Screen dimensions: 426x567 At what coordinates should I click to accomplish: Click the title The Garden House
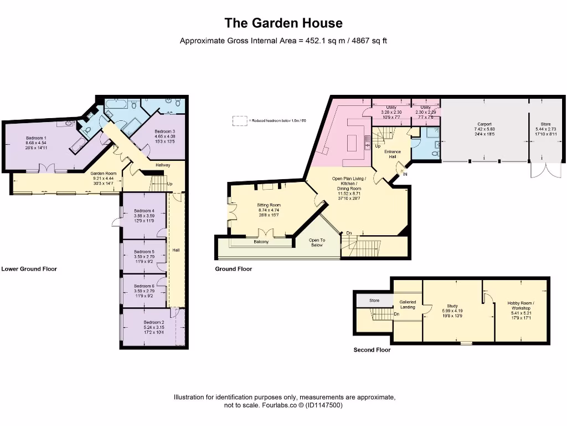tap(283, 23)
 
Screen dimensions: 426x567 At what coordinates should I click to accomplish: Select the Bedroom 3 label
tap(165, 131)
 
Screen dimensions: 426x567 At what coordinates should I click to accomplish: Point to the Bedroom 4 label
tap(144, 211)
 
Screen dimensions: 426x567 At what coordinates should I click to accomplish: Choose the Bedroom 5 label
tap(144, 252)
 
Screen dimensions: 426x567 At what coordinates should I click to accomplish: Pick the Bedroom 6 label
tap(144, 286)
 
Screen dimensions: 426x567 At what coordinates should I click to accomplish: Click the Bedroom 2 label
tap(154, 322)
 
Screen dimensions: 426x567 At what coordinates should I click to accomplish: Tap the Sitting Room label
tap(269, 205)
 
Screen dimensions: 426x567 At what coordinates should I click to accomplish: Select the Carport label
tap(484, 124)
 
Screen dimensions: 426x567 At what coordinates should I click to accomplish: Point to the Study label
tap(452, 306)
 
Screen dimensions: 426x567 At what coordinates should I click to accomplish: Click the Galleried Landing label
tap(408, 305)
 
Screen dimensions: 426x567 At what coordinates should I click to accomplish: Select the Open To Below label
tap(316, 242)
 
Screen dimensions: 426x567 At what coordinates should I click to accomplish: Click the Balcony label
tap(261, 242)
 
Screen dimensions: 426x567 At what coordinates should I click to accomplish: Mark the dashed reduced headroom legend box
tap(239, 120)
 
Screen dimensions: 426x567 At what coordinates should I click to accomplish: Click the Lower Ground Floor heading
tap(29, 269)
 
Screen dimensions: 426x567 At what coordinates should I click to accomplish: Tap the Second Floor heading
tap(372, 350)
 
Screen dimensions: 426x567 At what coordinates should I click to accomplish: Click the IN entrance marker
tap(405, 174)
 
